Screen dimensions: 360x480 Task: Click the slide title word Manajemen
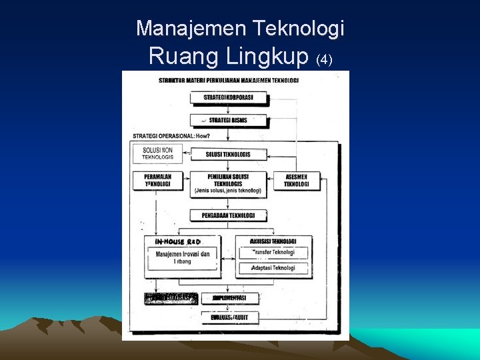point(191,28)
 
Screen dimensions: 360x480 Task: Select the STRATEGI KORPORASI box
point(229,97)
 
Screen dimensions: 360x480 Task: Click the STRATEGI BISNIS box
point(229,120)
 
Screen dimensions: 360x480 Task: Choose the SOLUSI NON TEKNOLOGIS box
point(157,153)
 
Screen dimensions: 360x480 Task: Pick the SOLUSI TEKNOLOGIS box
point(229,154)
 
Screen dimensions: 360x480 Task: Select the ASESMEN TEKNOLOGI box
point(296,180)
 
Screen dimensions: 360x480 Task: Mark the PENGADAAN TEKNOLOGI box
point(229,215)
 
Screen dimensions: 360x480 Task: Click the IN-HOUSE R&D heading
point(177,241)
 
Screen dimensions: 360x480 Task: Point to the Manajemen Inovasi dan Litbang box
point(183,257)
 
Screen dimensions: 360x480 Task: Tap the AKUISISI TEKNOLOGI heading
point(273,241)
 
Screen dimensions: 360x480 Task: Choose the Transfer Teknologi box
point(273,253)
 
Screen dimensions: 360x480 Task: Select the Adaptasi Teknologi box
point(273,268)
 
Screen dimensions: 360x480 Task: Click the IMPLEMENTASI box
point(229,298)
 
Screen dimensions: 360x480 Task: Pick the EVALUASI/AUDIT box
point(229,317)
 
